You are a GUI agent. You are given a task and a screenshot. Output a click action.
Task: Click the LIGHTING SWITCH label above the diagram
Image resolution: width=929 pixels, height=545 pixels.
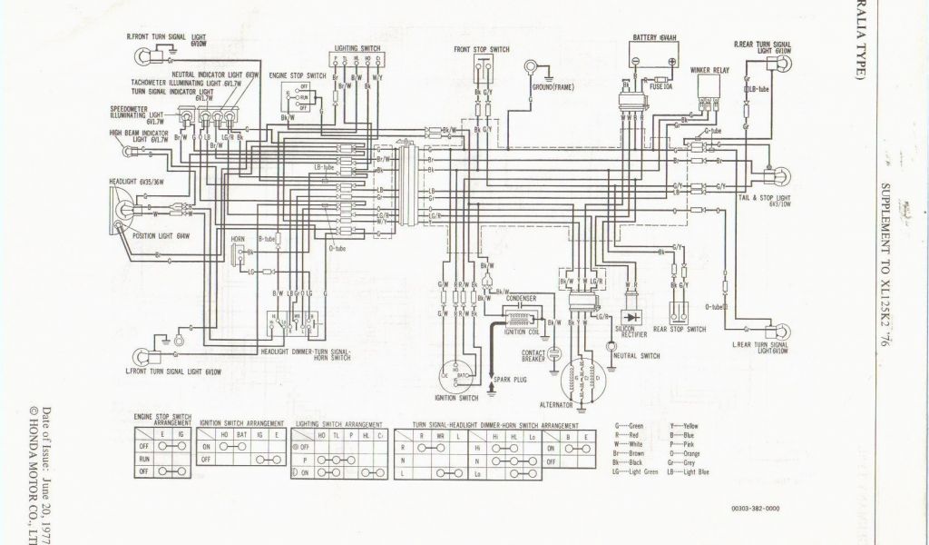(357, 45)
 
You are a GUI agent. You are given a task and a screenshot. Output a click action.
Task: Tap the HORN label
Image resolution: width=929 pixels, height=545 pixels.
(239, 245)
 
